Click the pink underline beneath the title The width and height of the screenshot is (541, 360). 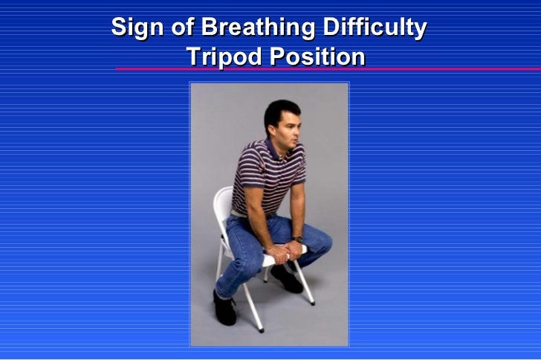(327, 69)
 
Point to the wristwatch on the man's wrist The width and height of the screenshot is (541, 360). (297, 240)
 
